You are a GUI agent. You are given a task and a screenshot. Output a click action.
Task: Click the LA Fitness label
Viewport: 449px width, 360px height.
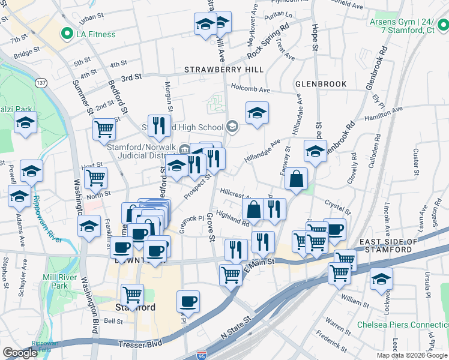pos(95,34)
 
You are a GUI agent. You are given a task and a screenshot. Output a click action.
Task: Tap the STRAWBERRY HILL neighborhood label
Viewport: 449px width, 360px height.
pos(223,70)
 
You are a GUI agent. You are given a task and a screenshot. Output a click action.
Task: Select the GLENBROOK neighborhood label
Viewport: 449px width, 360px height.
pos(321,84)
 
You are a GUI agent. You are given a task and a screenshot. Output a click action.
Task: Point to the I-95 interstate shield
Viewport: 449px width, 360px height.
pos(202,355)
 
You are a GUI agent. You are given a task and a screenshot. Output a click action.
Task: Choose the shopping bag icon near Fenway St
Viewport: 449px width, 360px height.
pos(297,179)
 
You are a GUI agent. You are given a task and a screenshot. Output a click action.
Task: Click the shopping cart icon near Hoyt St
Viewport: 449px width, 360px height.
pos(95,178)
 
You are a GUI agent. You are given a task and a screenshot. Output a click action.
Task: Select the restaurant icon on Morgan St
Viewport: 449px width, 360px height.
pos(158,125)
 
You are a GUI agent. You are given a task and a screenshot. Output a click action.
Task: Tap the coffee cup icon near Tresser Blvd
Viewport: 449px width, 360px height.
pos(188,302)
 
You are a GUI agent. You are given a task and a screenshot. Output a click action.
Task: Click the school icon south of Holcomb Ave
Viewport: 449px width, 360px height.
pos(257,113)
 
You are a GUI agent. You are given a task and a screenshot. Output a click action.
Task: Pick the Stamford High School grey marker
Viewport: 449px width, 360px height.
pos(232,127)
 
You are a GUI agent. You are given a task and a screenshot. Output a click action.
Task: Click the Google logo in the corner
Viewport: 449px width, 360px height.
pos(20,353)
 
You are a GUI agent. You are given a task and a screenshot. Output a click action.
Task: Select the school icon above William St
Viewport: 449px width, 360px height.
pos(381,279)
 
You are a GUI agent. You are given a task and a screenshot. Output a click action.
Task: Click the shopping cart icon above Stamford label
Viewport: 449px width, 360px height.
pos(132,294)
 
